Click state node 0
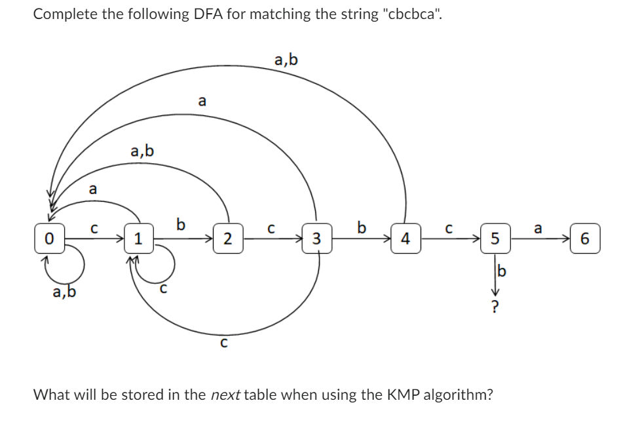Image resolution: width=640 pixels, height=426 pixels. click(x=48, y=237)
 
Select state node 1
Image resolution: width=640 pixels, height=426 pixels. click(x=138, y=237)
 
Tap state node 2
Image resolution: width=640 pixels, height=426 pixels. click(x=227, y=237)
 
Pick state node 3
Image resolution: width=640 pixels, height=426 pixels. click(x=316, y=237)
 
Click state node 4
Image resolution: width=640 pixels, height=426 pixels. click(x=405, y=237)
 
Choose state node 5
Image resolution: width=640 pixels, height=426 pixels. click(x=495, y=237)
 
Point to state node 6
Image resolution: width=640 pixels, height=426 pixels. click(x=584, y=237)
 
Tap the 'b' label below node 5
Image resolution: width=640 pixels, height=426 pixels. click(x=502, y=270)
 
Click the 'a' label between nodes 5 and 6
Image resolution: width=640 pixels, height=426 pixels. click(x=538, y=228)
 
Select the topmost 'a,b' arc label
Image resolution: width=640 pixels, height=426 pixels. click(x=286, y=60)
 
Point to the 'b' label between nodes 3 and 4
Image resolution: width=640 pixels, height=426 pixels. click(x=361, y=227)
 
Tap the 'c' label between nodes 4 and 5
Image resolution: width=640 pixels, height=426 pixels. click(x=449, y=229)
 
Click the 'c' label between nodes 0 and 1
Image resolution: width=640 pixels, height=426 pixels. click(x=94, y=229)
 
